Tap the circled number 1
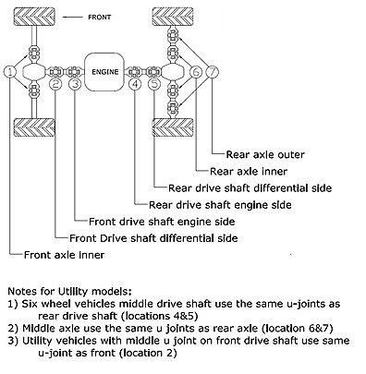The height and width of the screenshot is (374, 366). click(x=9, y=72)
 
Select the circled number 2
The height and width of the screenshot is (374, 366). click(x=55, y=85)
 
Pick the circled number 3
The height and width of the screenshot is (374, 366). click(x=74, y=85)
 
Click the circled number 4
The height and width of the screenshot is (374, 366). click(x=136, y=85)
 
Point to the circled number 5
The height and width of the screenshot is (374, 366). click(x=153, y=85)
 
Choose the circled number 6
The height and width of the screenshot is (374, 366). click(x=195, y=72)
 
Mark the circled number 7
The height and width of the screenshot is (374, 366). click(x=213, y=72)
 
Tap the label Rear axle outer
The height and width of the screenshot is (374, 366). click(x=259, y=154)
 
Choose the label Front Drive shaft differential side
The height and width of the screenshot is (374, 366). click(x=139, y=237)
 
